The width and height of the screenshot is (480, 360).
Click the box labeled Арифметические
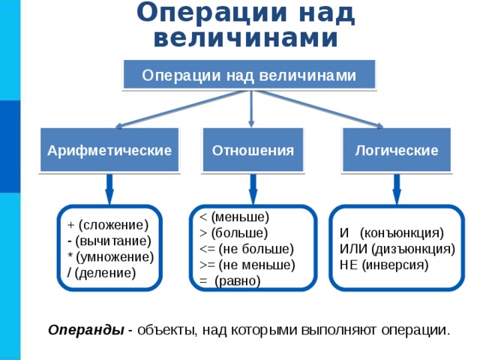[x=109, y=150]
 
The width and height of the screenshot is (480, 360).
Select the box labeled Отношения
[x=253, y=150]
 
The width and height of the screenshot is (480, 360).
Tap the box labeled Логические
[x=397, y=150]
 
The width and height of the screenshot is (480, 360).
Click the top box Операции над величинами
[x=249, y=75]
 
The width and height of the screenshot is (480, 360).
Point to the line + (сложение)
[x=108, y=225]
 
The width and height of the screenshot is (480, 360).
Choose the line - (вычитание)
[x=109, y=241]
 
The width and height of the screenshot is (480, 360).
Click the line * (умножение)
[x=110, y=256]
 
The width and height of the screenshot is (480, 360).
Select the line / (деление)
[x=101, y=273]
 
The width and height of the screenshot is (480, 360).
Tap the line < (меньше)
[x=234, y=217]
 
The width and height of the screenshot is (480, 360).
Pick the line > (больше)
[x=233, y=233]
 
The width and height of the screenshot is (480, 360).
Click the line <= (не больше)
[x=247, y=249]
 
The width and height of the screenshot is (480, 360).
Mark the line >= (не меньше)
[x=247, y=265]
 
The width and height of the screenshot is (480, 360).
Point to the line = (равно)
[x=230, y=280]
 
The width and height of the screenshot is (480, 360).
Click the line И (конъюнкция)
[x=391, y=233]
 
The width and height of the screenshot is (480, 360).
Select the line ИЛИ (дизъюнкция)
[x=397, y=249]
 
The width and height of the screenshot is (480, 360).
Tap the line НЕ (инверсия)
[x=384, y=265]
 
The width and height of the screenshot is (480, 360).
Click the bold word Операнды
[x=86, y=330]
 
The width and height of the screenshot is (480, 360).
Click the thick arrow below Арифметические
[x=109, y=189]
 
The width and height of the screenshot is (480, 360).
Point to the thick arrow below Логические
[x=397, y=189]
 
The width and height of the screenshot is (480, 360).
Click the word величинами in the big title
[x=246, y=37]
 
